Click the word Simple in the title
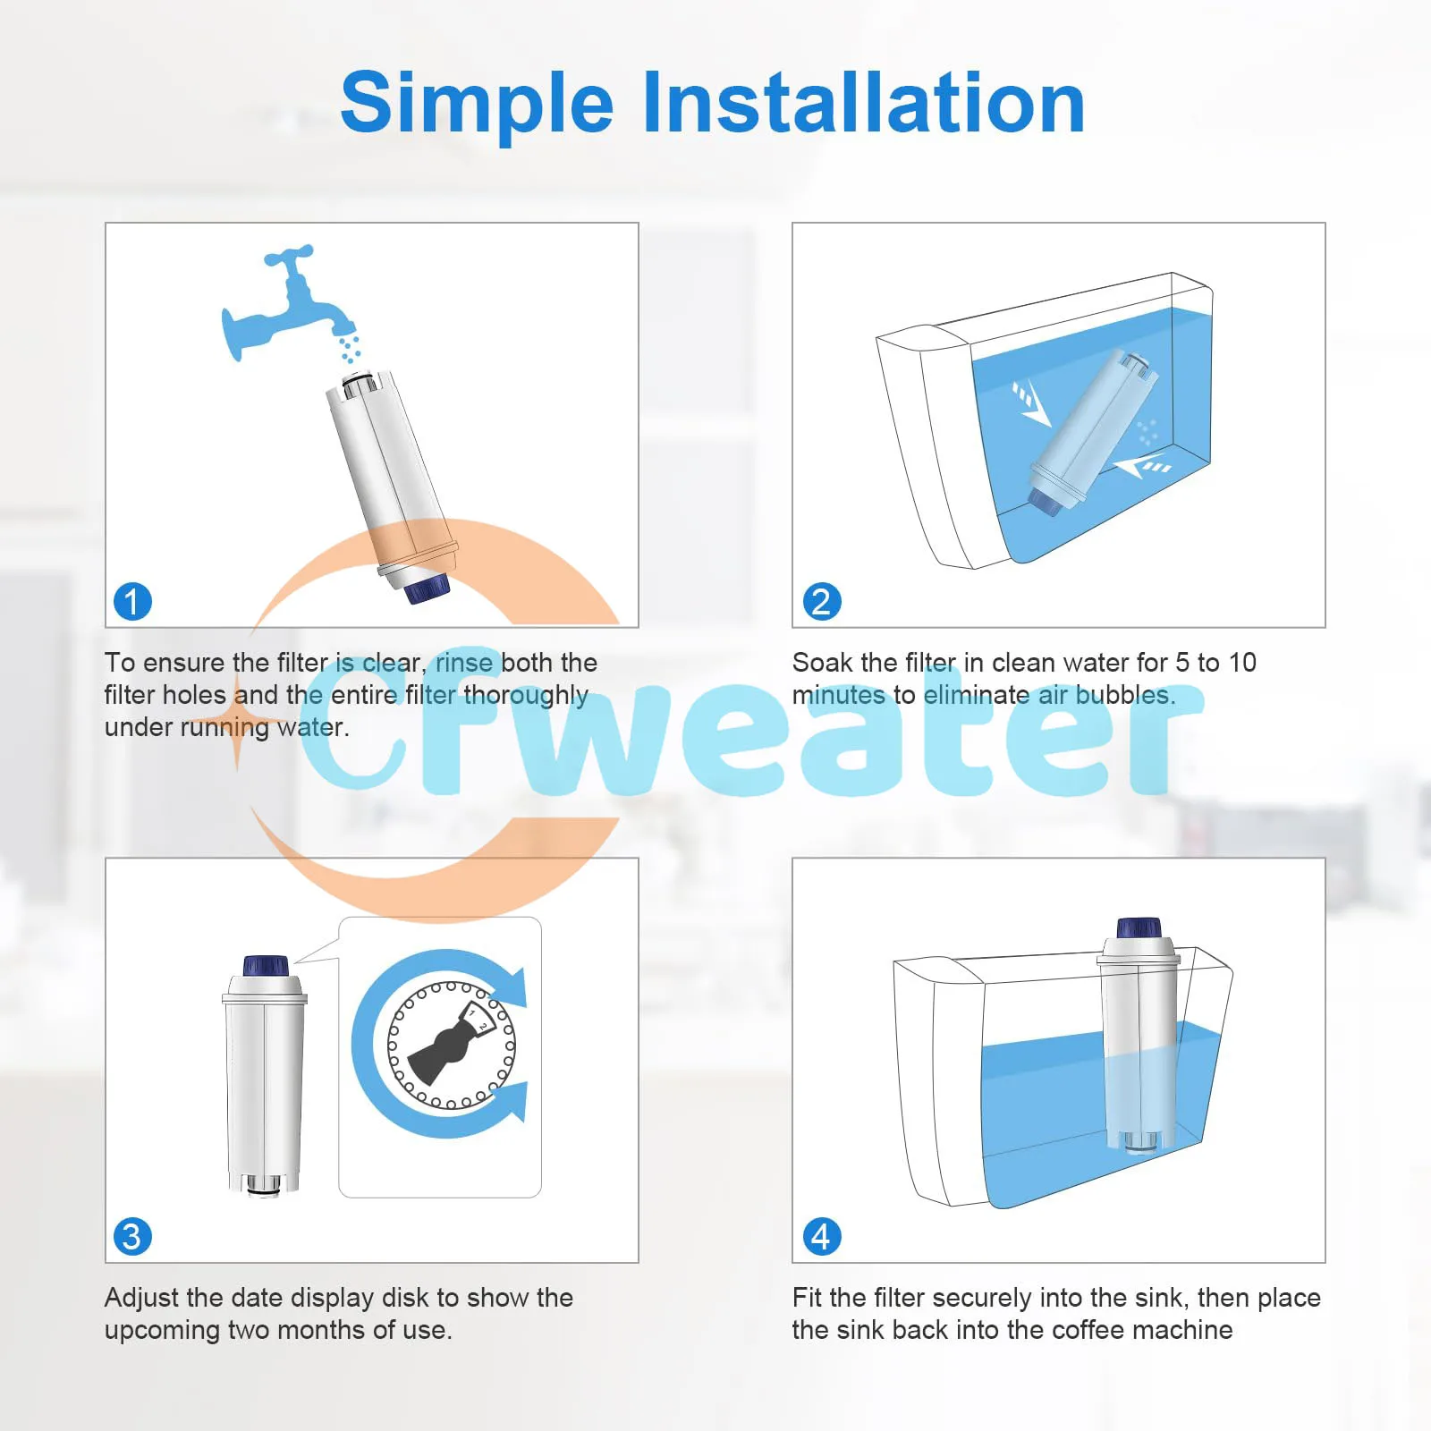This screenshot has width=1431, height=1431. tap(476, 104)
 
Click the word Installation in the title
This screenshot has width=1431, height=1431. tap(864, 104)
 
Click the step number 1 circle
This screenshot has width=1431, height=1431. tap(132, 602)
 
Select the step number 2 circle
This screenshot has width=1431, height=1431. tap(821, 602)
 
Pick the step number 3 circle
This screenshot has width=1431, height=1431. tap(132, 1237)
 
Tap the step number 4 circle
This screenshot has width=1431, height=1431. tap(821, 1237)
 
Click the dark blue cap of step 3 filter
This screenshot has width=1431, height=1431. tap(266, 966)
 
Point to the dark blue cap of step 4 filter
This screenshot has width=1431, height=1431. tap(1139, 927)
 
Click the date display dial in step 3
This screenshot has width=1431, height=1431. tap(451, 1044)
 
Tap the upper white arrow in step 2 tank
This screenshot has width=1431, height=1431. tap(1030, 403)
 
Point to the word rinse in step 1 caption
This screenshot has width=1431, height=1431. tap(463, 663)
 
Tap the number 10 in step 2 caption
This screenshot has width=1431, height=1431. tap(1241, 663)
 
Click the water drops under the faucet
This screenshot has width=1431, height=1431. tap(349, 348)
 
